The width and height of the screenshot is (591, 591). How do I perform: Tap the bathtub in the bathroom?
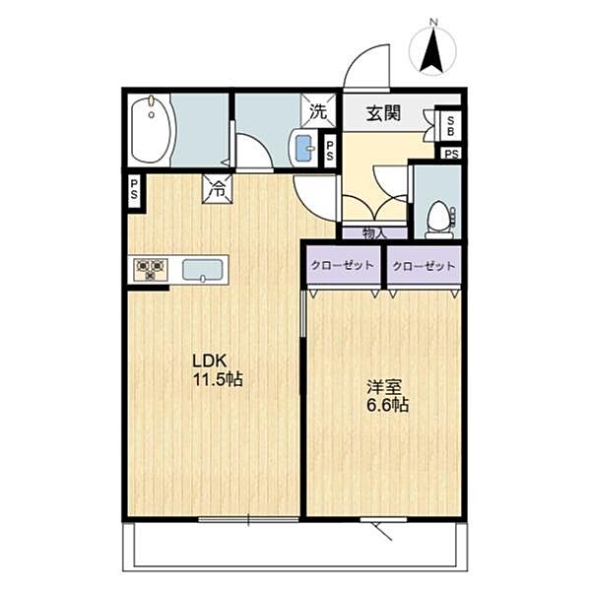(152, 131)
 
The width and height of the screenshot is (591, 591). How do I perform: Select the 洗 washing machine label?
(318, 111)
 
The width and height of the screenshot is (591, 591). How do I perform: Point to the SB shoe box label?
(451, 125)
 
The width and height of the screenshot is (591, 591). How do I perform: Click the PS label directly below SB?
(451, 154)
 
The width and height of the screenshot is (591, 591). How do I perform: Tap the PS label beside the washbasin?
(330, 151)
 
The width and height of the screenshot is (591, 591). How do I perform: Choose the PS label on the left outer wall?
(134, 187)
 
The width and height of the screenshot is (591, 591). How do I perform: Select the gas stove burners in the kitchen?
(151, 269)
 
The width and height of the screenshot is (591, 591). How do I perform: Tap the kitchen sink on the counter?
(204, 269)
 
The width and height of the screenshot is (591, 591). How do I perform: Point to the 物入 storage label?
(373, 233)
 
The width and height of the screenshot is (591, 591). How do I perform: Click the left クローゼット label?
(341, 266)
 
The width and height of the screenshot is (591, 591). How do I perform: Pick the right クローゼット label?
(425, 266)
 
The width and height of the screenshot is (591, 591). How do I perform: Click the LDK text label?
(210, 361)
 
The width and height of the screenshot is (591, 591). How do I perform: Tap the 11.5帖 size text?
(218, 379)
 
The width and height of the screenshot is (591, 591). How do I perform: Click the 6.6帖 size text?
(386, 405)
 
